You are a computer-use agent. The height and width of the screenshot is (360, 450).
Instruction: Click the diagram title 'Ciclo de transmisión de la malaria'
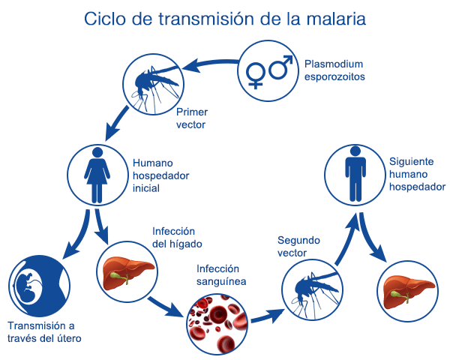click(225, 18)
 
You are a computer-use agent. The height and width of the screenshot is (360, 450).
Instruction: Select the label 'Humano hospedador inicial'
click(160, 175)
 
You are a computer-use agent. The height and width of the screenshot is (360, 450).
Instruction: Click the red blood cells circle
click(214, 320)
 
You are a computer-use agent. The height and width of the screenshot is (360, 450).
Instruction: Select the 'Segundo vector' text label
click(298, 247)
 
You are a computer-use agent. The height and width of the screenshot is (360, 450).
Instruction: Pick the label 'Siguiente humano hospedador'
click(417, 174)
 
